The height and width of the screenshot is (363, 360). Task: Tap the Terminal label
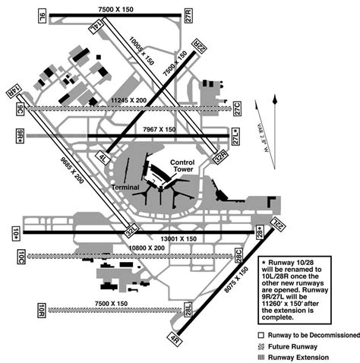125,186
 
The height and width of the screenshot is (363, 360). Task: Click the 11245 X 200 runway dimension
128,99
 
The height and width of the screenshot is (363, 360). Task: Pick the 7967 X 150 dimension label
159,130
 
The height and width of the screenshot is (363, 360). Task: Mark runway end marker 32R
220,158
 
